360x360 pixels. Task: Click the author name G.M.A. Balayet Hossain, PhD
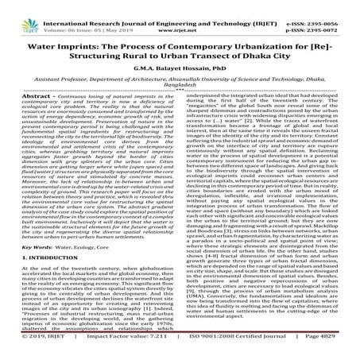(180, 72)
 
